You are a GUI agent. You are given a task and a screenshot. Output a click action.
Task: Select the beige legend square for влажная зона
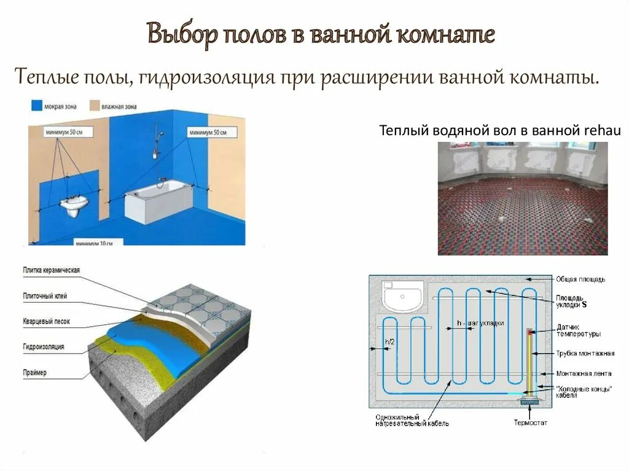(x=94, y=105)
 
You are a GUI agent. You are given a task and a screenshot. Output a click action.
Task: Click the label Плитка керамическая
(x=52, y=270)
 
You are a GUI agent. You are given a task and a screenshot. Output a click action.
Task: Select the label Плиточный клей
(x=45, y=296)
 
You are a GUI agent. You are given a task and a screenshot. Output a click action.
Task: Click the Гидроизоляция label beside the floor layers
(x=44, y=347)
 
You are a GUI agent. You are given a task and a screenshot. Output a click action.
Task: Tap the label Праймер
(x=35, y=373)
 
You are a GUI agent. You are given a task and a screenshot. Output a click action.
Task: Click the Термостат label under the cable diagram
(x=530, y=422)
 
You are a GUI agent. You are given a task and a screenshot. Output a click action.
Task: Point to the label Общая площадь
(x=580, y=279)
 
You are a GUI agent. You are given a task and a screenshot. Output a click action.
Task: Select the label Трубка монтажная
(x=585, y=353)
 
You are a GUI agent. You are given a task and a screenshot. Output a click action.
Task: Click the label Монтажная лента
(x=584, y=373)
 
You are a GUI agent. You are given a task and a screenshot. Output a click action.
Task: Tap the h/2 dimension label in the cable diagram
(x=389, y=341)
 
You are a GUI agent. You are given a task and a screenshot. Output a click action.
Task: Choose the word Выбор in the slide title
(x=182, y=35)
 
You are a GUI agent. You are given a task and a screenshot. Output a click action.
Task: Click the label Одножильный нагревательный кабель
(x=412, y=420)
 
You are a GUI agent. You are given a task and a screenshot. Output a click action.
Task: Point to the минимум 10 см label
(x=94, y=243)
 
